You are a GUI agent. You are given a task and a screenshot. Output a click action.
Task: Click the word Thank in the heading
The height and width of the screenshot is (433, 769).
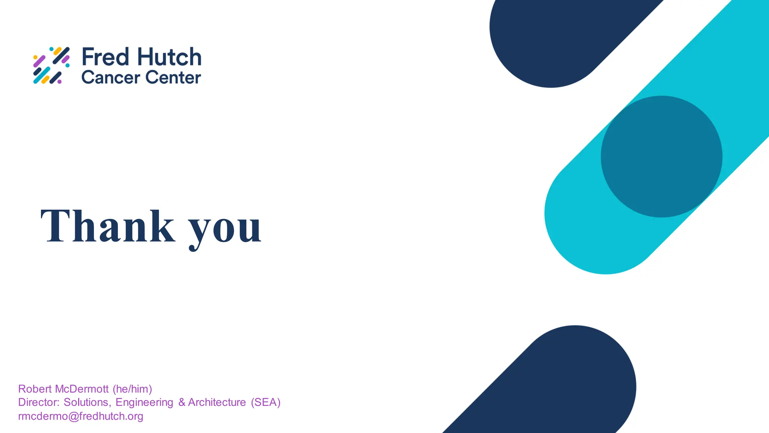(x=107, y=226)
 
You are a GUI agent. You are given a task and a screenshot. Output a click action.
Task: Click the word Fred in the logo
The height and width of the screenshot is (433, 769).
(x=106, y=57)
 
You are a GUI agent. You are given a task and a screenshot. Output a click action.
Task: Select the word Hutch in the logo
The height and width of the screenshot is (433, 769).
(x=169, y=57)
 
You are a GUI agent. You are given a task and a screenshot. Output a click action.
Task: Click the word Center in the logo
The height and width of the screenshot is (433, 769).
(x=173, y=77)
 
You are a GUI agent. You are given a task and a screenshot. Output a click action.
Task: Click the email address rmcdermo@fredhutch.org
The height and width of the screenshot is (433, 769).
(x=81, y=416)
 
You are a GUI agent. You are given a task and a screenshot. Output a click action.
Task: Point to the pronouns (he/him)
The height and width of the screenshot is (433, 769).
(x=132, y=389)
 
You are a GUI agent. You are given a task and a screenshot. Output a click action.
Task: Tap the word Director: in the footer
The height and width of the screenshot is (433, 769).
(x=39, y=402)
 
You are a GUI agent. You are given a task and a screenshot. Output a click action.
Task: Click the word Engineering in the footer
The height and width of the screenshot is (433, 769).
(x=144, y=402)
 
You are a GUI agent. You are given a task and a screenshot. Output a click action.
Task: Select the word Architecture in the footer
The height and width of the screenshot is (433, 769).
(x=217, y=402)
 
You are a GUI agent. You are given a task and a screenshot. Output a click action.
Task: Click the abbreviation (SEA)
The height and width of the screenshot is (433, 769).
(x=265, y=402)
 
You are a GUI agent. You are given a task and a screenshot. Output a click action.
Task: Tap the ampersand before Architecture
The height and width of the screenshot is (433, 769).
(x=182, y=402)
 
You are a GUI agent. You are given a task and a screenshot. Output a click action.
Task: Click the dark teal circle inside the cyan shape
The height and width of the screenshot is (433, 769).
(x=661, y=156)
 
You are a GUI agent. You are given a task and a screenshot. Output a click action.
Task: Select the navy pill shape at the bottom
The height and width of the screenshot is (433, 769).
(x=563, y=387)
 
